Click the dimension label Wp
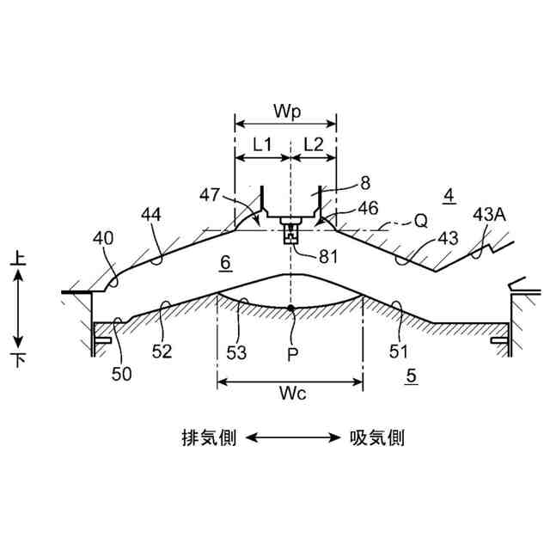(285, 113)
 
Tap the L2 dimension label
(314, 144)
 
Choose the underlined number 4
(449, 195)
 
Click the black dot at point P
(292, 308)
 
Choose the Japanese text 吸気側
(376, 438)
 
